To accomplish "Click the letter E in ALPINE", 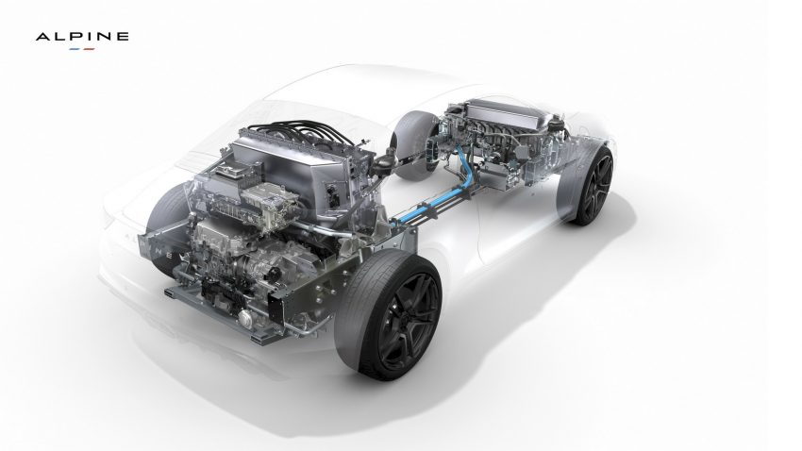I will click(124, 36).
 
